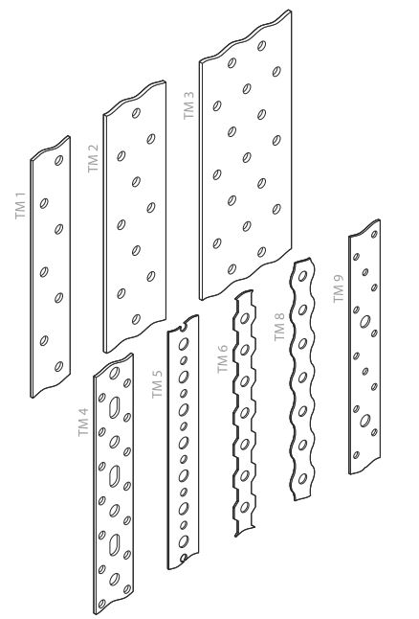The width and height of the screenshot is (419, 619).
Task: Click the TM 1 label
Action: pos(20,206)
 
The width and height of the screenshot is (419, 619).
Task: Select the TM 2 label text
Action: pos(93,158)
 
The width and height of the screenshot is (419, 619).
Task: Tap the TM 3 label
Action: pos(188,105)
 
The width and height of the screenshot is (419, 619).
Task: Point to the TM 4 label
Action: pos(83,422)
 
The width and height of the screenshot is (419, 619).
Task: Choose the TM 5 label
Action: pos(157,384)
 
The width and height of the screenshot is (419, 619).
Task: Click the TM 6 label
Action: pos(223,358)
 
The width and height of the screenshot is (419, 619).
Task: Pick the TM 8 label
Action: pos(279,327)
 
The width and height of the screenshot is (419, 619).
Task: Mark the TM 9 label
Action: pos(339,288)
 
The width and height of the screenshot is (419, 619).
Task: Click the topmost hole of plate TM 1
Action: pos(58,160)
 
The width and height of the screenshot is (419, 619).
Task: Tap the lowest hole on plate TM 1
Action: pos(58,366)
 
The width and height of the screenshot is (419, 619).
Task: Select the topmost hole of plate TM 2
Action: pos(136,113)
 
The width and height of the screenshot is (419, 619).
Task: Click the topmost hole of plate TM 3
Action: pos(261,45)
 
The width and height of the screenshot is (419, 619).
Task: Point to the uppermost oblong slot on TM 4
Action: pos(114,407)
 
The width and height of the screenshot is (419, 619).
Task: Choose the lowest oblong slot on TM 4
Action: pos(114,545)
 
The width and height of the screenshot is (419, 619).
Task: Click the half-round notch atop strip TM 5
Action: pos(183,326)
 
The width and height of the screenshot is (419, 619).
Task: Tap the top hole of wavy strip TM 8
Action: pos(302,275)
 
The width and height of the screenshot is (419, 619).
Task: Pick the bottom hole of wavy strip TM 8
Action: pos(302,479)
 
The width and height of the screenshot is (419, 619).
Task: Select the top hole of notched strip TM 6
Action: pos(245,318)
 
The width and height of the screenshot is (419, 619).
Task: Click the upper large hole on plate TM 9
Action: pos(365,321)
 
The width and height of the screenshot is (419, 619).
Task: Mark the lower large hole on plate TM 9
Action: pos(365,421)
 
